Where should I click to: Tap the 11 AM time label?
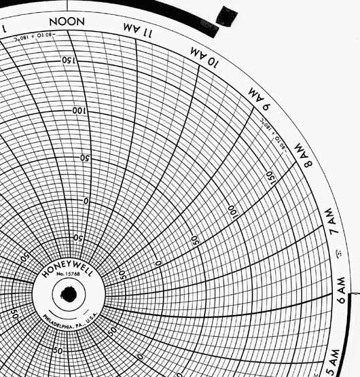pyautogui.click(x=140, y=29)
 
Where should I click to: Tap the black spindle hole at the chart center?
pyautogui.click(x=68, y=295)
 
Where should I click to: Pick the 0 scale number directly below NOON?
pyautogui.click(x=86, y=201)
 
